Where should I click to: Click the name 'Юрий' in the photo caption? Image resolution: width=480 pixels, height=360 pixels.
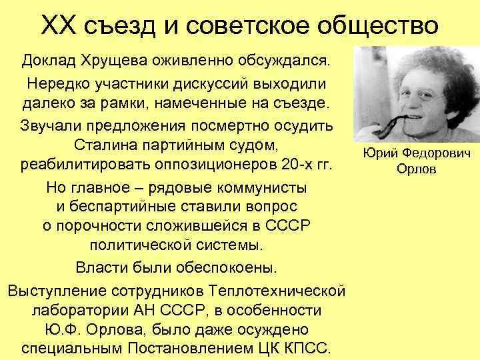click(x=378, y=154)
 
